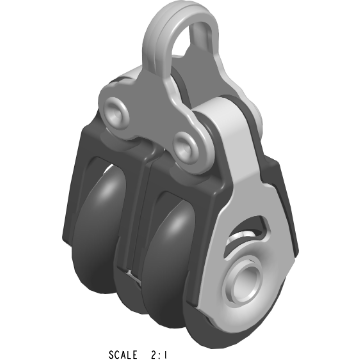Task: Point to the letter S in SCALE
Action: tap(111, 353)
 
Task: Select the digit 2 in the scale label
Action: tap(164, 353)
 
